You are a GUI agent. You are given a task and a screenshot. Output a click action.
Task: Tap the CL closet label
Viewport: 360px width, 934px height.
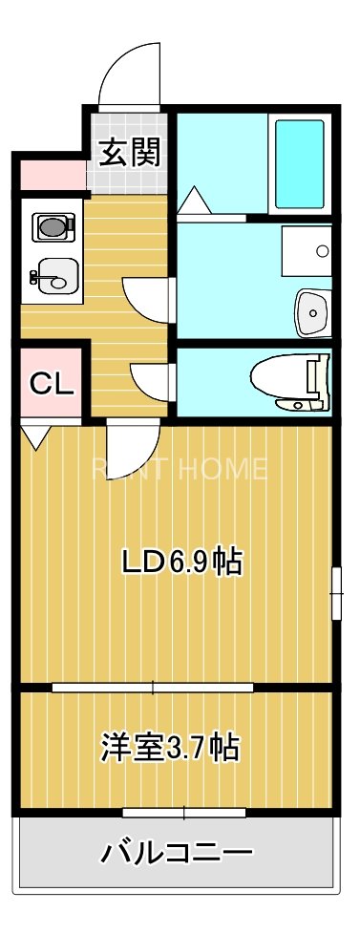pyautogui.click(x=51, y=384)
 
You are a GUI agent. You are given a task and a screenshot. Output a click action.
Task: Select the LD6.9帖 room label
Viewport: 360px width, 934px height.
pyautogui.click(x=180, y=563)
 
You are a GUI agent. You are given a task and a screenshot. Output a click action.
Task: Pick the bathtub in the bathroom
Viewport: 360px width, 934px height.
pyautogui.click(x=301, y=164)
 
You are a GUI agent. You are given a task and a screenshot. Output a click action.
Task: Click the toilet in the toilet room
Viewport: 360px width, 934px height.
pyautogui.click(x=293, y=381)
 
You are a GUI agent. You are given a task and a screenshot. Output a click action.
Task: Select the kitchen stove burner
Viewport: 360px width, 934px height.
pyautogui.click(x=53, y=227)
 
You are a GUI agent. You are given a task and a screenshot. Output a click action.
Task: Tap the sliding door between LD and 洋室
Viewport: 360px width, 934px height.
pyautogui.click(x=153, y=687)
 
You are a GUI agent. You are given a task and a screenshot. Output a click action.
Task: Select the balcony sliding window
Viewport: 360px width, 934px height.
pyautogui.click(x=183, y=813)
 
